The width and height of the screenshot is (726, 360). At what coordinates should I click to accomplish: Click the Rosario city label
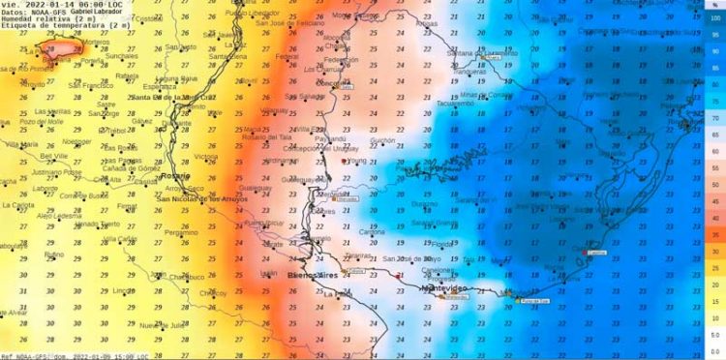coord(175,176)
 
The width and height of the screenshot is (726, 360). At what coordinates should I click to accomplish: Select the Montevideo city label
coord(446,288)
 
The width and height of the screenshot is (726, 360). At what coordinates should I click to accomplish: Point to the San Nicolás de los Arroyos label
coord(202,199)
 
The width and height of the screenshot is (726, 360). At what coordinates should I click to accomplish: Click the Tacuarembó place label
coord(456,104)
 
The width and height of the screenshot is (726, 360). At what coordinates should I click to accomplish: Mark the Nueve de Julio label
coord(162,325)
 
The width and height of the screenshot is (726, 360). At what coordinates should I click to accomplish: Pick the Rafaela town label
coord(128,75)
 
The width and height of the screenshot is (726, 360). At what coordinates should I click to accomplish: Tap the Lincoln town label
coord(123,289)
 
